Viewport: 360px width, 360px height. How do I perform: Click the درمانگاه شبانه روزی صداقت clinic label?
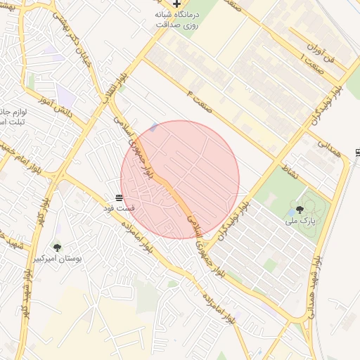176,19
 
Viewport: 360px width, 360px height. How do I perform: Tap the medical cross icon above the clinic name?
176,4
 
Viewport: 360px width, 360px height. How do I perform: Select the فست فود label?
119,208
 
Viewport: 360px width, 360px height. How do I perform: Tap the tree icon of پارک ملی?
300,209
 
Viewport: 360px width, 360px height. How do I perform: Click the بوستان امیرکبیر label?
58,259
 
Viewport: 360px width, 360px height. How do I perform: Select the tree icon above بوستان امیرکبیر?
57,247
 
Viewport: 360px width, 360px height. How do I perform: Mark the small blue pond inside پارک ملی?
292,212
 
